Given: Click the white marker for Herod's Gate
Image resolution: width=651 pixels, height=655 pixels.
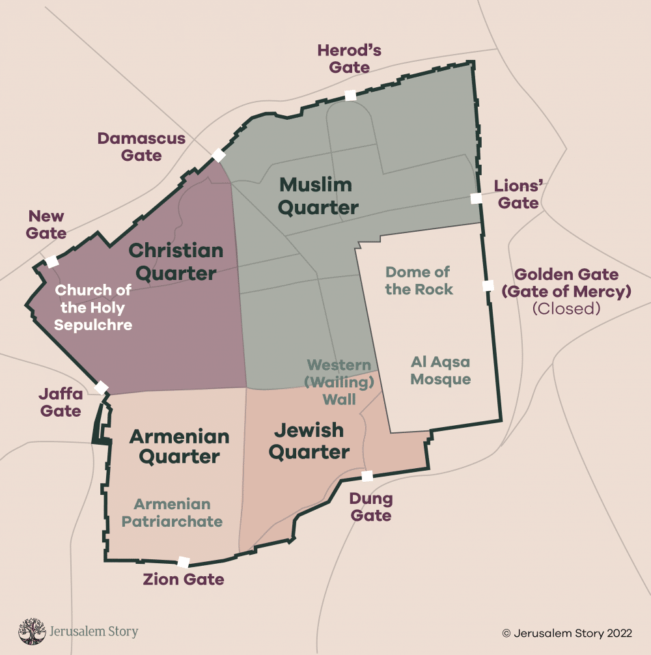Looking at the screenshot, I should pyautogui.click(x=350, y=95).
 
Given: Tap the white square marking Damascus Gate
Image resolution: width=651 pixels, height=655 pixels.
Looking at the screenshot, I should pyautogui.click(x=219, y=155).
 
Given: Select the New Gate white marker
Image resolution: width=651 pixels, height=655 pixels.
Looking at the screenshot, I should pyautogui.click(x=51, y=262).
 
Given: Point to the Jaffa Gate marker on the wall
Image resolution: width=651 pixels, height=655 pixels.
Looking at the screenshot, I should pyautogui.click(x=102, y=387).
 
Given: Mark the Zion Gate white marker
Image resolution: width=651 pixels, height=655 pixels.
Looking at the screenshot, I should pyautogui.click(x=184, y=562).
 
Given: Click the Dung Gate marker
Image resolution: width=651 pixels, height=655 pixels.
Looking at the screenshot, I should pyautogui.click(x=367, y=476).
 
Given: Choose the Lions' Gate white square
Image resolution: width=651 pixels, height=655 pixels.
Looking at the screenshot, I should pyautogui.click(x=477, y=198).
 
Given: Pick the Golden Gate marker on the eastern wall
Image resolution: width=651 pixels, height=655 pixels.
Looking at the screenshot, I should pyautogui.click(x=488, y=285).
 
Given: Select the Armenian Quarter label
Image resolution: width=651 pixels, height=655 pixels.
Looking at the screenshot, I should pyautogui.click(x=179, y=446).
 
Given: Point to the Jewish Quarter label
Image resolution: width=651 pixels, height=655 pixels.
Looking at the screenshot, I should pyautogui.click(x=309, y=441).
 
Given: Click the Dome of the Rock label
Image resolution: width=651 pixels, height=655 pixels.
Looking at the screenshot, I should pyautogui.click(x=419, y=281).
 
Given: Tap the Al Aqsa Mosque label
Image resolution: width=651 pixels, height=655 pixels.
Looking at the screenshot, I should pyautogui.click(x=441, y=370).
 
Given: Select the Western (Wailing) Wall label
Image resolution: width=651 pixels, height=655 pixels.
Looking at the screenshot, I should pyautogui.click(x=339, y=382).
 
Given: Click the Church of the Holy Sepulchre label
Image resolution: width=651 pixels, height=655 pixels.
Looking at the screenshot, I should pyautogui.click(x=93, y=307).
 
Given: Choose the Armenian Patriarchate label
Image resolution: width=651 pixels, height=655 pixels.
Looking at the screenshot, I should pyautogui.click(x=172, y=512).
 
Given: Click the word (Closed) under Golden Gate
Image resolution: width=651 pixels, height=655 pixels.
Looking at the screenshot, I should pyautogui.click(x=566, y=309).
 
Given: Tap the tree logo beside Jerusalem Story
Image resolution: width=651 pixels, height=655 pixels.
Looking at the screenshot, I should pyautogui.click(x=31, y=632).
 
